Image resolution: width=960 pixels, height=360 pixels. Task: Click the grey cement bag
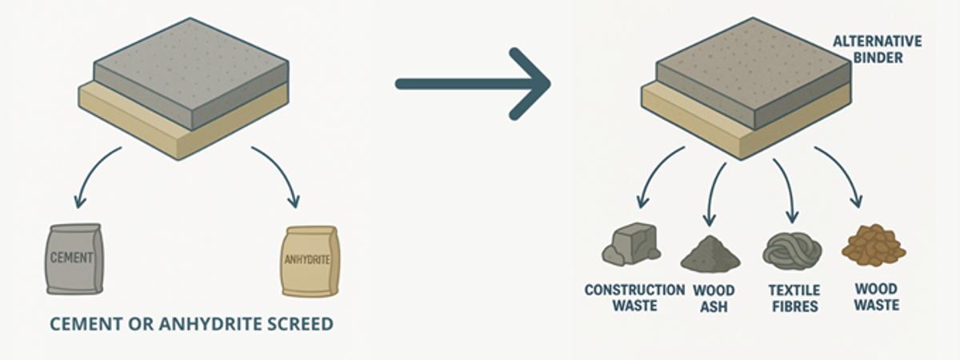coord(74,258)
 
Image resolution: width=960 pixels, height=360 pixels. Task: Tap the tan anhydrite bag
coord(310,261)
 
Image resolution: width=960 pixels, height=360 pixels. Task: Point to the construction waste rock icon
coord(633,245)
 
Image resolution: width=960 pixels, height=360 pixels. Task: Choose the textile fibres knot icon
coord(792,250)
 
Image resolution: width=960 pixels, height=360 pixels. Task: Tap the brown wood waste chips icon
coord(874,246)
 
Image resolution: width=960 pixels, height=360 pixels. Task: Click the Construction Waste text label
coord(634,297)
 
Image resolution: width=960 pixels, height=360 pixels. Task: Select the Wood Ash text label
coord(714,297)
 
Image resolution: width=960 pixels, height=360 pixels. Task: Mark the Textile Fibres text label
coord(792,297)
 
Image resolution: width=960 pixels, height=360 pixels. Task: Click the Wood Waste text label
coord(876,296)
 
